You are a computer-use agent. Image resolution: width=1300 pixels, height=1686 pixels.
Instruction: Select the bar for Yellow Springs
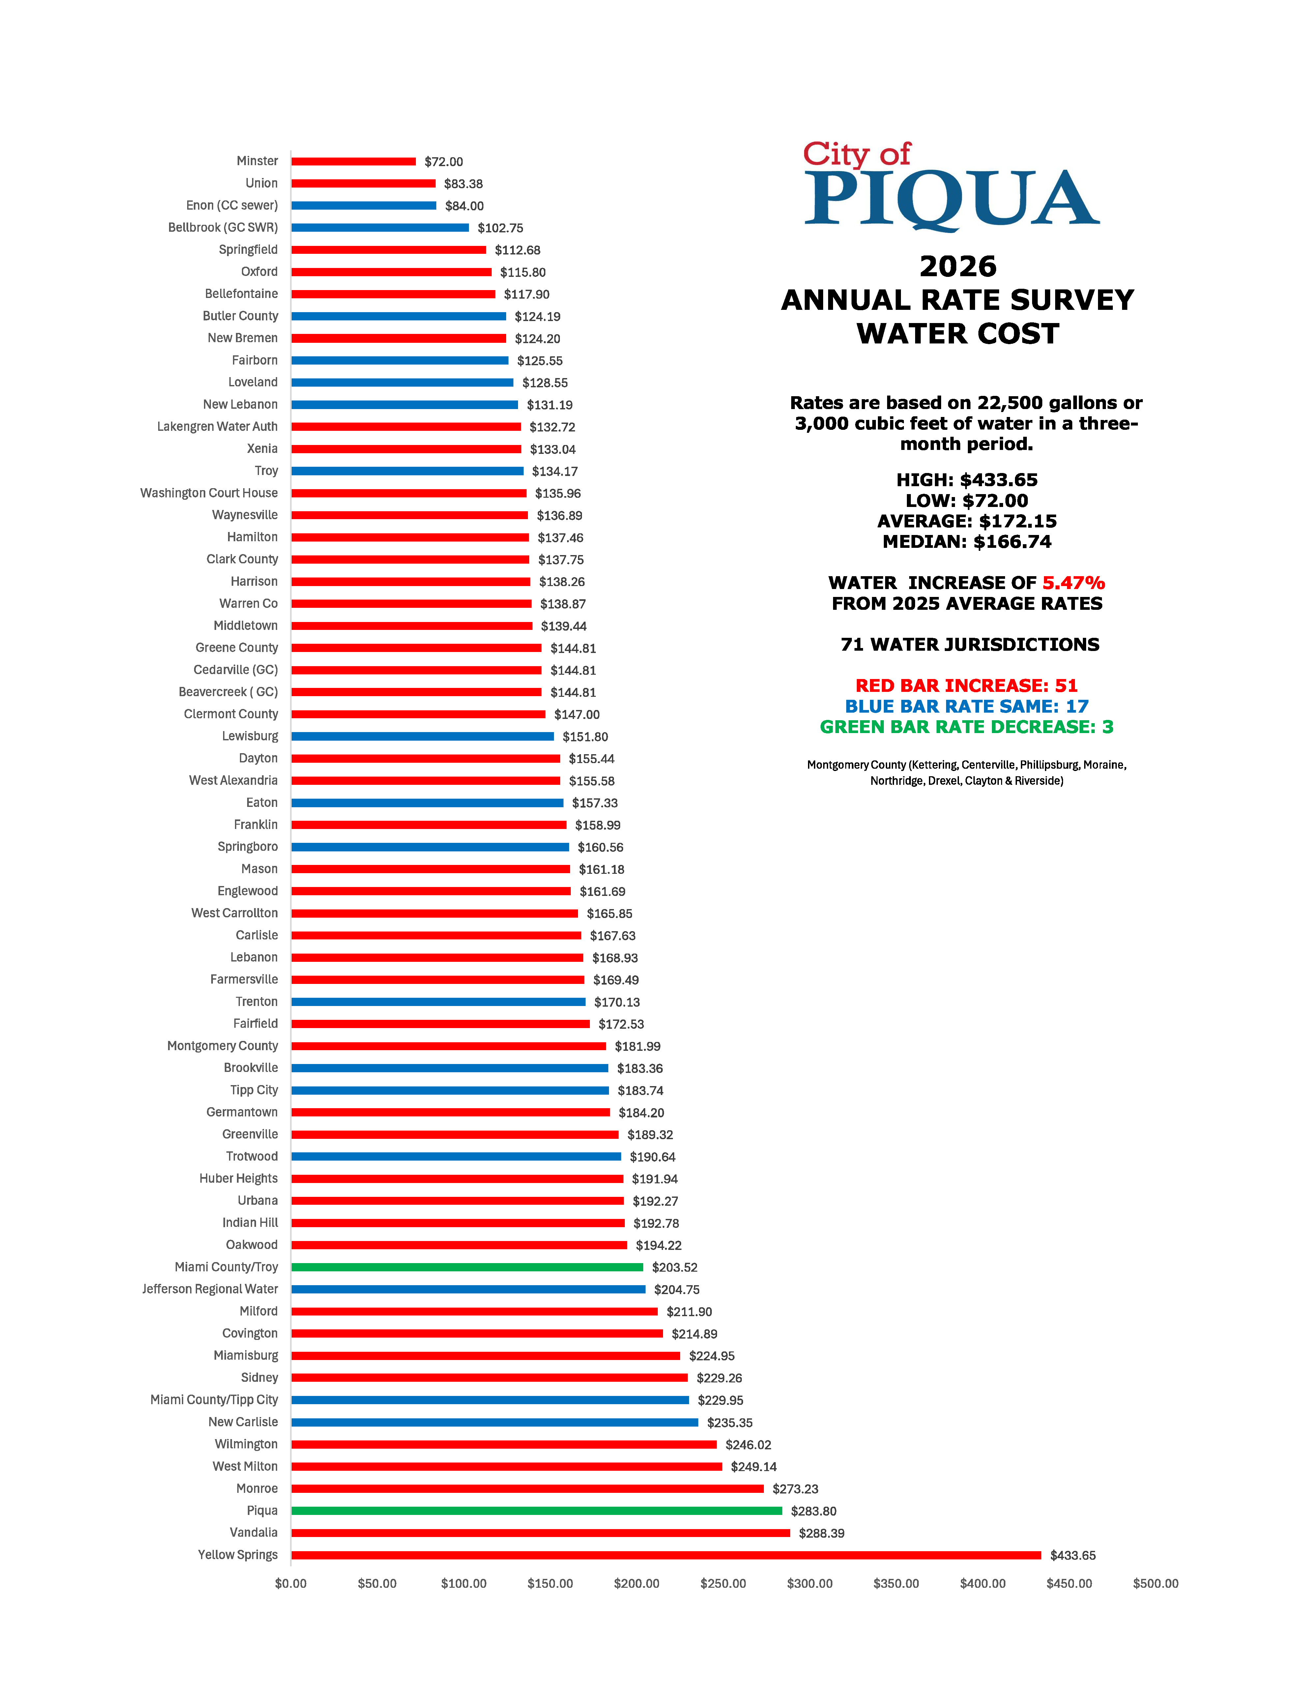click(x=665, y=1555)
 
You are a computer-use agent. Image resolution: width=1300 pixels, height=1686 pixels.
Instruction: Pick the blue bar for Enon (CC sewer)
click(x=363, y=205)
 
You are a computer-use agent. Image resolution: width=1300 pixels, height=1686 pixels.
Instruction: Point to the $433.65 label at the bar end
click(x=1072, y=1555)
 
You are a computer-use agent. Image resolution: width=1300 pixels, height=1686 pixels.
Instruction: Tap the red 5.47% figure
click(x=1073, y=583)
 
